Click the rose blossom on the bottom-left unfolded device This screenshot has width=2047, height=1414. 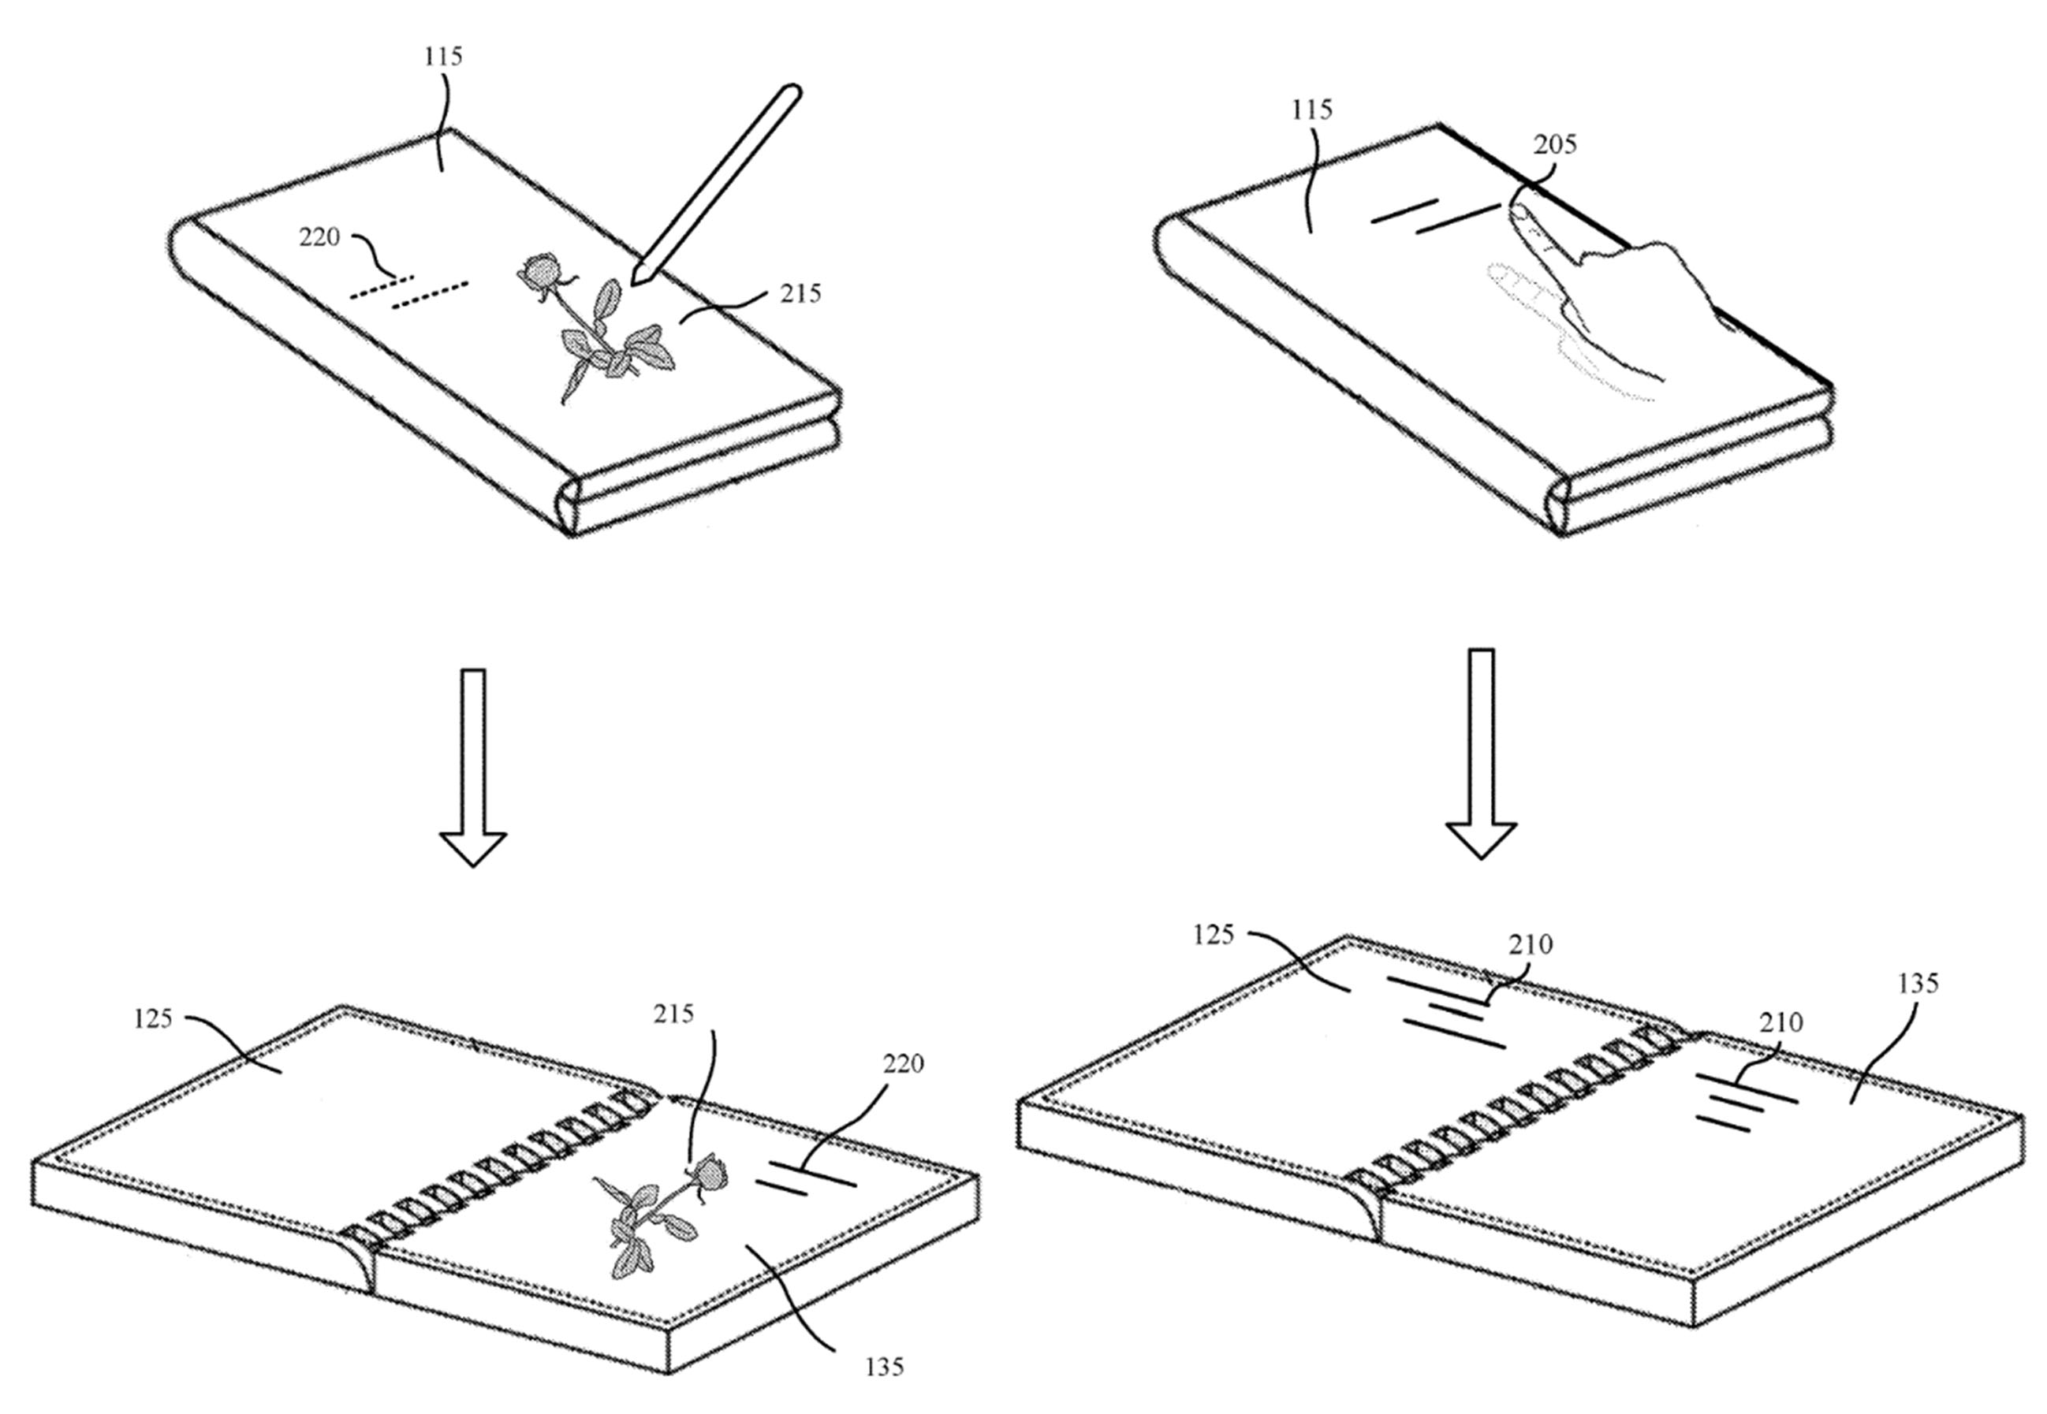(x=709, y=1174)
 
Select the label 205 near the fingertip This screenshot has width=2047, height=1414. (x=1554, y=144)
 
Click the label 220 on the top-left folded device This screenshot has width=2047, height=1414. (x=319, y=237)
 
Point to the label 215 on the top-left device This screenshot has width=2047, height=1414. (x=800, y=293)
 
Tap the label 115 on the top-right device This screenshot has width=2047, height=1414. (x=1311, y=110)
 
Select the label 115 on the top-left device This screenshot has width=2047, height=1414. (x=443, y=57)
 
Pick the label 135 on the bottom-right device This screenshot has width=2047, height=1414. (x=1918, y=984)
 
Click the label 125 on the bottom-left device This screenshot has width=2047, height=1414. (x=152, y=1019)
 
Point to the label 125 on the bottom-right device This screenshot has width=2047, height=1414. (x=1213, y=935)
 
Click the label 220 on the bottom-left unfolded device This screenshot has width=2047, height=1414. (x=902, y=1063)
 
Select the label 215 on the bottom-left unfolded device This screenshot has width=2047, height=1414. (x=673, y=1014)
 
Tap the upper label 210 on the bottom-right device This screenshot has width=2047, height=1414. (x=1531, y=945)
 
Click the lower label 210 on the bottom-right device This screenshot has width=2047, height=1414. (x=1780, y=1022)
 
